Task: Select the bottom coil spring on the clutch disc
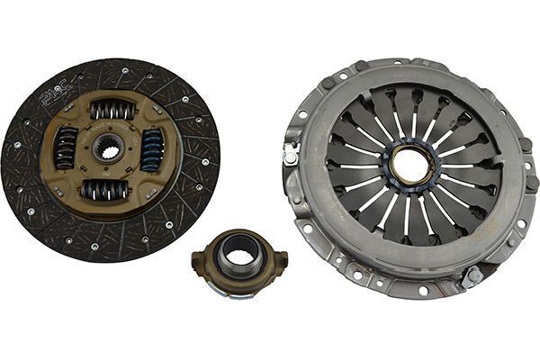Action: [x=106, y=189]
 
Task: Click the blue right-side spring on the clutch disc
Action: [x=152, y=149]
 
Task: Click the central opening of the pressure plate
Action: [x=410, y=166]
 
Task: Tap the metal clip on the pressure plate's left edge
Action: [x=291, y=155]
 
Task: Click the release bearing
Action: [x=238, y=261]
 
